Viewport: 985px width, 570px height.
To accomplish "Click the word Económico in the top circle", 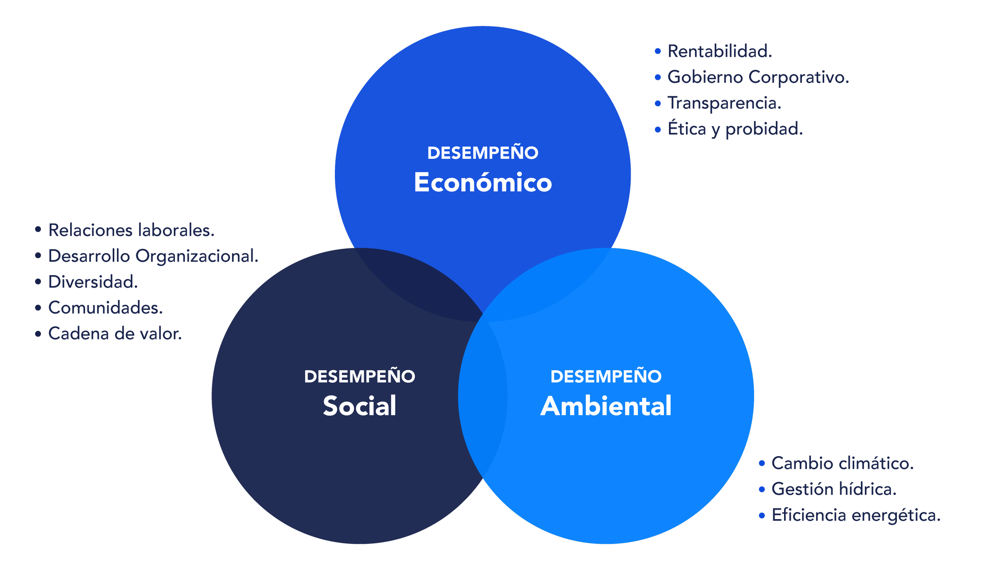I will coord(483,183).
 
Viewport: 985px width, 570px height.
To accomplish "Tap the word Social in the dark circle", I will coord(359,406).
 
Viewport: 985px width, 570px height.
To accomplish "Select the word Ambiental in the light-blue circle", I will coord(606,406).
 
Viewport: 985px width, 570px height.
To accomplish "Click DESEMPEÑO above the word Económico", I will coord(483,153).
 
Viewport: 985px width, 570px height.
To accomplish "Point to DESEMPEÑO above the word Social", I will coord(359,376).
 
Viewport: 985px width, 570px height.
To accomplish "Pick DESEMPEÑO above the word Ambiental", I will coord(606,376).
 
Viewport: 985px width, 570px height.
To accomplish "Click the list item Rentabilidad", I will coord(720,52).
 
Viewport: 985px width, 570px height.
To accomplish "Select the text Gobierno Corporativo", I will coord(758,77).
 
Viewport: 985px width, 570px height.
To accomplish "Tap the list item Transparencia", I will coord(724,103).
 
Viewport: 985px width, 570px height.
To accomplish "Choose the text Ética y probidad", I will coord(735,129).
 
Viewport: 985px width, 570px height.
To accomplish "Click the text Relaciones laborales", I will coord(132,230).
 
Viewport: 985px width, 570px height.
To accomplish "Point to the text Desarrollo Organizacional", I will coord(153,256).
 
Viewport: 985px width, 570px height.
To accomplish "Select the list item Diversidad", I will coord(93,282).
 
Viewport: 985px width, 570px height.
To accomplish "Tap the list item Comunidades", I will coord(106,308).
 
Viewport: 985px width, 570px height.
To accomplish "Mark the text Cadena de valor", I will coord(115,334).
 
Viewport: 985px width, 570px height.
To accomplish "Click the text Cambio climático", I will coord(842,464).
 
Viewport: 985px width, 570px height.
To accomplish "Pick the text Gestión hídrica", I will coord(834,490).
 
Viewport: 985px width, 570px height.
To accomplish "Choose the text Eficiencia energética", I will coord(856,516).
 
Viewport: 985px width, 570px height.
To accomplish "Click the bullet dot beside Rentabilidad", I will coord(658,51).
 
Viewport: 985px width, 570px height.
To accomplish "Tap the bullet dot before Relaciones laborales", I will coord(38,229).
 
